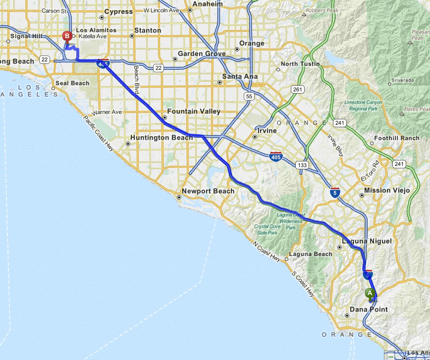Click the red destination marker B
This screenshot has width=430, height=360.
pos(67,36)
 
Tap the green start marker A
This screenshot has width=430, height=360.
pos(370,293)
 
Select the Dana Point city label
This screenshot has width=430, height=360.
pos(369,309)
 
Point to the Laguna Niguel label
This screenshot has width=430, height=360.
pos(367,241)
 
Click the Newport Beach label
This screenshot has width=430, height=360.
pos(208,191)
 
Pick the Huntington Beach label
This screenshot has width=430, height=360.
pos(161,137)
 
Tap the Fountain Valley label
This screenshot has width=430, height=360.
pos(194,111)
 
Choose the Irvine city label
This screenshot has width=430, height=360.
pos(267,131)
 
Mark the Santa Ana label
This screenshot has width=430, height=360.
pos(240,76)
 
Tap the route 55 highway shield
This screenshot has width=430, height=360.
pos(249,96)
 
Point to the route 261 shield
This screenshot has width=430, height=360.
pos(297,90)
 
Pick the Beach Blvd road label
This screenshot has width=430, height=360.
pos(136,80)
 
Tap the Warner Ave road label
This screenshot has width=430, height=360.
pos(109,112)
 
